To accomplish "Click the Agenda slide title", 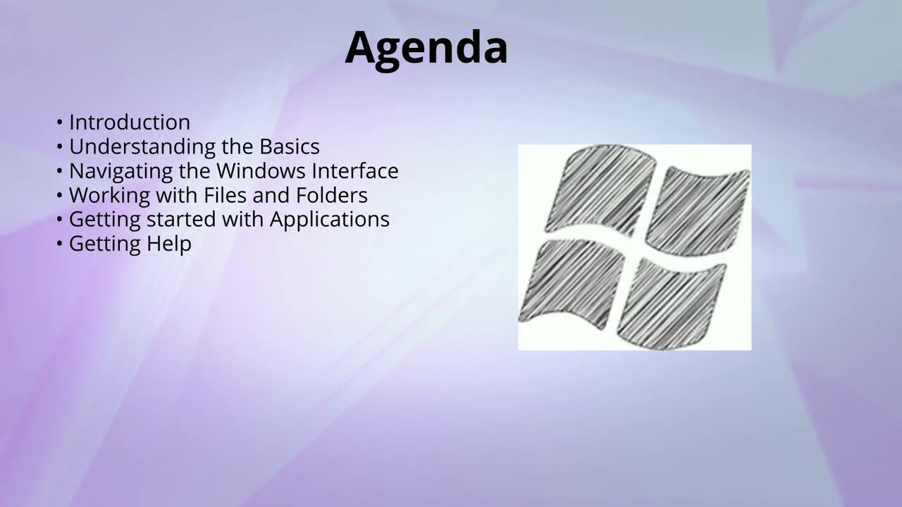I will click(x=426, y=48).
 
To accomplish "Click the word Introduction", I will click(x=130, y=122).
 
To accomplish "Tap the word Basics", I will click(x=290, y=146).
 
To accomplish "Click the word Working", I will click(x=109, y=195).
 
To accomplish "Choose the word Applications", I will click(x=329, y=219).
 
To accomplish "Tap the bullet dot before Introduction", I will click(x=60, y=123).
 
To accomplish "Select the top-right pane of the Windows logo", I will click(x=698, y=210).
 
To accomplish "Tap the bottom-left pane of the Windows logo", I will click(x=572, y=282).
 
